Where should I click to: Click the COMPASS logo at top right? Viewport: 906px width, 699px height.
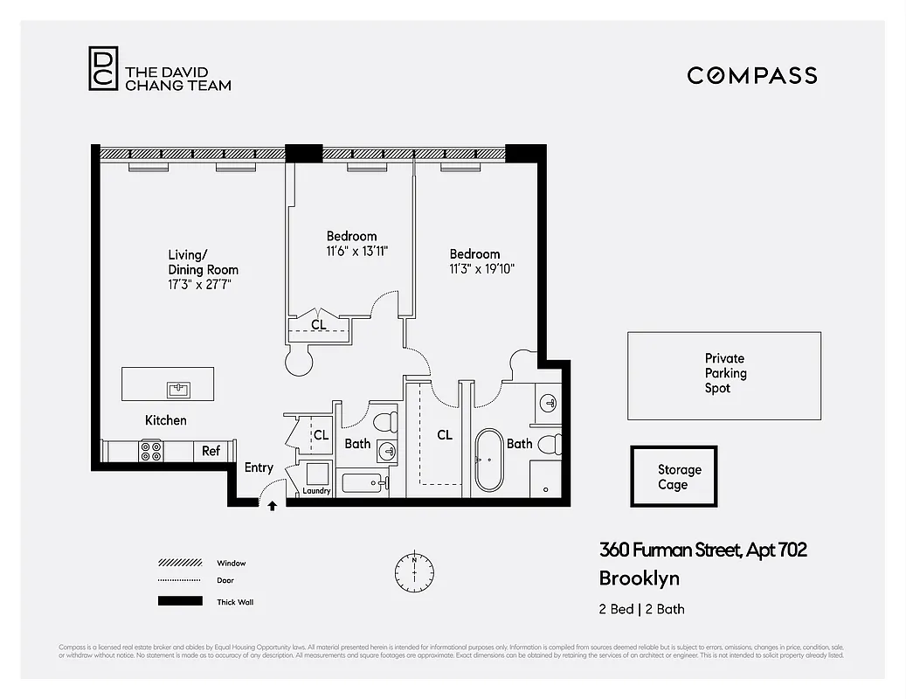tap(751, 75)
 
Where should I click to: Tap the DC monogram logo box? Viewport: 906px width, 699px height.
tap(102, 68)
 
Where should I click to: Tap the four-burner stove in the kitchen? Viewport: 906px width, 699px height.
tap(151, 451)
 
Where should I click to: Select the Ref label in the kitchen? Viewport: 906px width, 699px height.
tap(211, 451)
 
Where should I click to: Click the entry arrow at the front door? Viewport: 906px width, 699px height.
tap(272, 505)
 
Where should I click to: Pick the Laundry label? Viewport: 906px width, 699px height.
tap(316, 491)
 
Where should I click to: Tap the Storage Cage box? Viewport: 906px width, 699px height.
tap(674, 477)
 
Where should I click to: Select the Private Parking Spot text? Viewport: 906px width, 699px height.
tap(725, 373)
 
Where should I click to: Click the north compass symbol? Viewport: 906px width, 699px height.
tap(413, 571)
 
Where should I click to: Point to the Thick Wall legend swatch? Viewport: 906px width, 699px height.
tap(180, 601)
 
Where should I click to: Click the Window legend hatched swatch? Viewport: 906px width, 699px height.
tap(180, 564)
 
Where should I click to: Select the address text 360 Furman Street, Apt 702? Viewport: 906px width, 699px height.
tap(702, 550)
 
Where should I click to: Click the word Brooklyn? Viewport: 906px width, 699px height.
tap(639, 578)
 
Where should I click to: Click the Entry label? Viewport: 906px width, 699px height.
tap(259, 467)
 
